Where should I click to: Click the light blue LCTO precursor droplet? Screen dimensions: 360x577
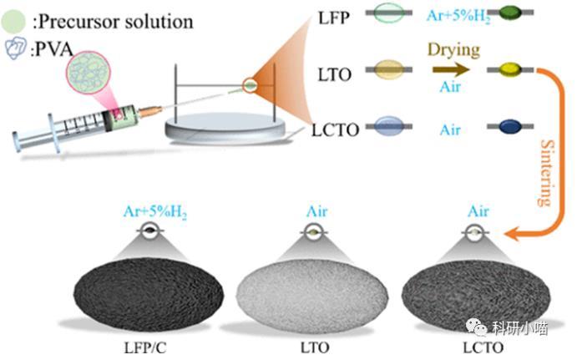pyautogui.click(x=390, y=127)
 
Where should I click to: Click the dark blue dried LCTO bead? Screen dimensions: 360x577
pyautogui.click(x=509, y=128)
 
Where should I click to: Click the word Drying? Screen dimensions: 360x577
pyautogui.click(x=453, y=50)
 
